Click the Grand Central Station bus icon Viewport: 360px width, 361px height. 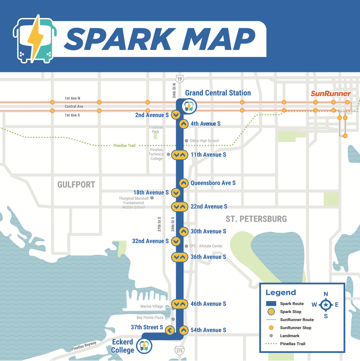[x=188, y=106]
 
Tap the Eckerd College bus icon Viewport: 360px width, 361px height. [x=145, y=346]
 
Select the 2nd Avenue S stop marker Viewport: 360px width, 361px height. [x=176, y=115]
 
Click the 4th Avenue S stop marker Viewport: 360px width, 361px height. [x=183, y=124]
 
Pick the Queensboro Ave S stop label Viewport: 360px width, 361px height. [x=213, y=183]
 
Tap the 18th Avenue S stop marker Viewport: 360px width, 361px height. [x=176, y=193]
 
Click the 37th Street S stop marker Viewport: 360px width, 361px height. [x=169, y=330]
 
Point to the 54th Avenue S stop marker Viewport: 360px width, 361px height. [x=183, y=330]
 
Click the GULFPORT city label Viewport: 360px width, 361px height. [x=76, y=184]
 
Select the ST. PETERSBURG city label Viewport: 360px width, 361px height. [x=256, y=219]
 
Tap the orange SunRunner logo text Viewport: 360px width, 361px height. [x=331, y=93]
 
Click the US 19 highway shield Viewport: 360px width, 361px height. [x=180, y=79]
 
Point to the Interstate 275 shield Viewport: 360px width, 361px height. [x=179, y=350]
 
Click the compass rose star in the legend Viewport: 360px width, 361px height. [x=326, y=305]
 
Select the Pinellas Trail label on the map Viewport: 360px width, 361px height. [x=124, y=146]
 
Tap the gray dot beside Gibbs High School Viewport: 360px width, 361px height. [x=187, y=141]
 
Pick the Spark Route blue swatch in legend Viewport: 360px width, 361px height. [x=271, y=304]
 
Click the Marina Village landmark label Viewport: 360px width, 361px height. [x=152, y=306]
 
